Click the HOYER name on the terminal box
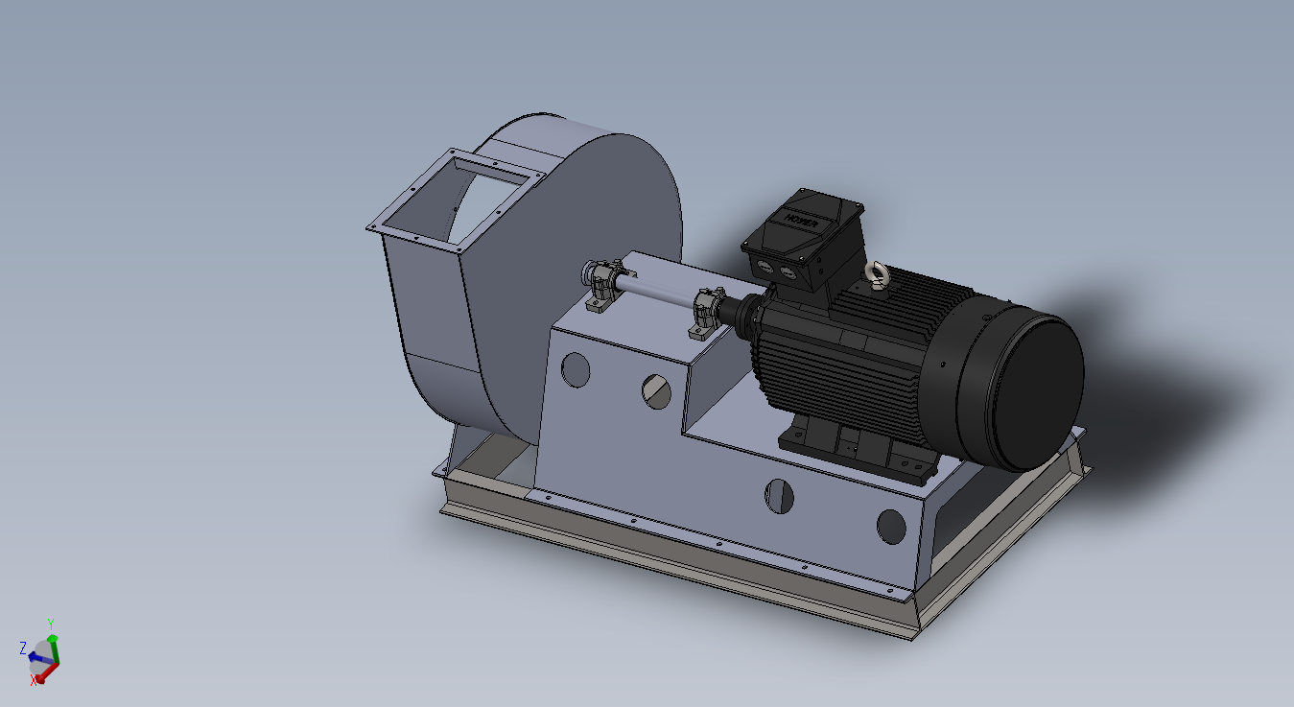[802, 220]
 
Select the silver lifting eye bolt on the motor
[874, 274]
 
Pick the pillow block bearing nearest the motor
[705, 313]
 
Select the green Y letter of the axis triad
[50, 624]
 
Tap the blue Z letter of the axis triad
[22, 648]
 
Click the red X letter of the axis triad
[34, 680]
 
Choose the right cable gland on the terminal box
[788, 274]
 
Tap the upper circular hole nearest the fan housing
[576, 369]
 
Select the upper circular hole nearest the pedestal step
[657, 391]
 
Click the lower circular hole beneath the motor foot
[780, 495]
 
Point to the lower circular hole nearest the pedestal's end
[891, 525]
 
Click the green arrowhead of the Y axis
[54, 638]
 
